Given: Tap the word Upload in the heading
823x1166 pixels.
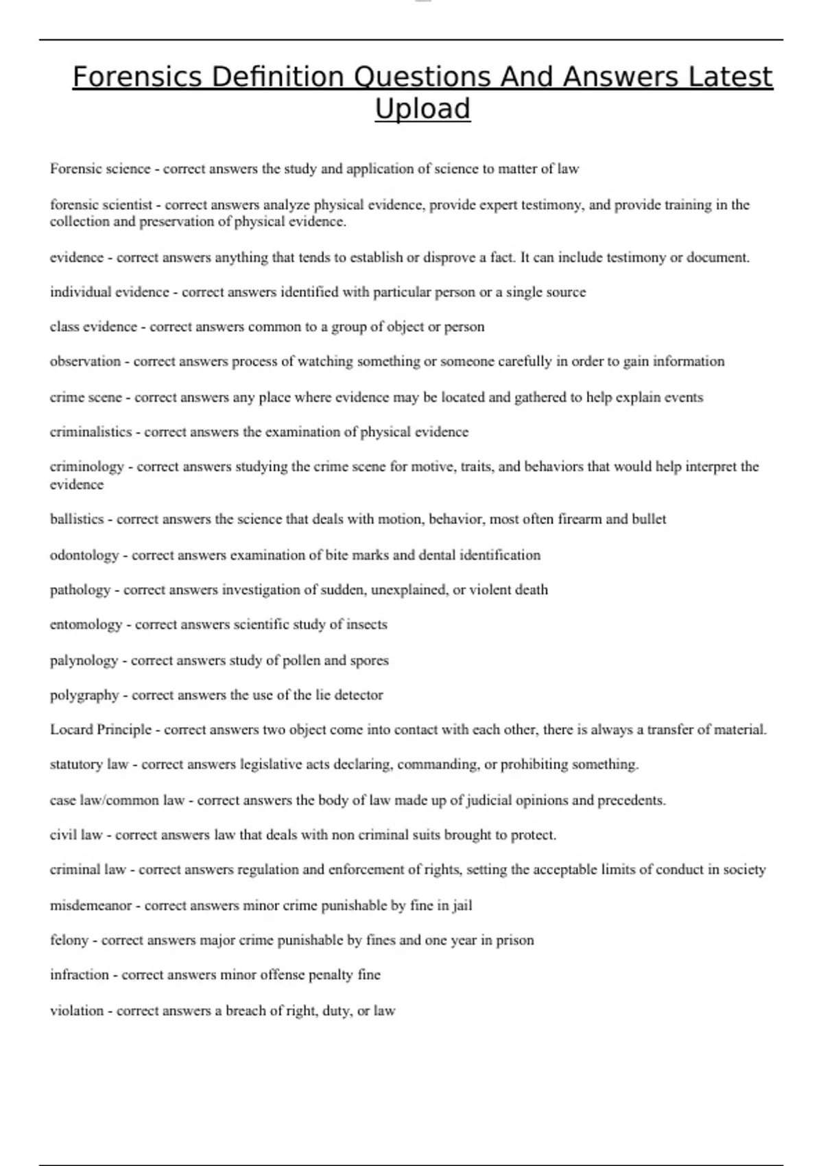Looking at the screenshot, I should pos(422,108).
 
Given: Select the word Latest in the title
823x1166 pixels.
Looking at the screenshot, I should pos(726,77).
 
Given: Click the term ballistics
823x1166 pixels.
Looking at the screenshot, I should pos(77,519).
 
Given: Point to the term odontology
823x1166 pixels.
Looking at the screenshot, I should pos(84,555).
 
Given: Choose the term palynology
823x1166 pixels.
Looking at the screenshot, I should pos(84,661).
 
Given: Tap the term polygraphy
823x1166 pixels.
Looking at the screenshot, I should pos(84,695).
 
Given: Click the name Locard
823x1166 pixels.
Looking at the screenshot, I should pos(71,730).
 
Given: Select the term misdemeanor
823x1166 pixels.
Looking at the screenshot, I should pos(91,905).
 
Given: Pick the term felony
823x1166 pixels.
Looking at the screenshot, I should pos(69,940).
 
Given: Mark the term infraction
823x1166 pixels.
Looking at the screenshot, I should pos(80,975).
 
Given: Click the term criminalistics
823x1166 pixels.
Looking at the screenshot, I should pos(91,432).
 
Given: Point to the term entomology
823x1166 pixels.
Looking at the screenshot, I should pos(86,625).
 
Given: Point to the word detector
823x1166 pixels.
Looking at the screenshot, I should pos(359,695).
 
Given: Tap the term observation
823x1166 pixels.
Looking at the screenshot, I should pos(85,361).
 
